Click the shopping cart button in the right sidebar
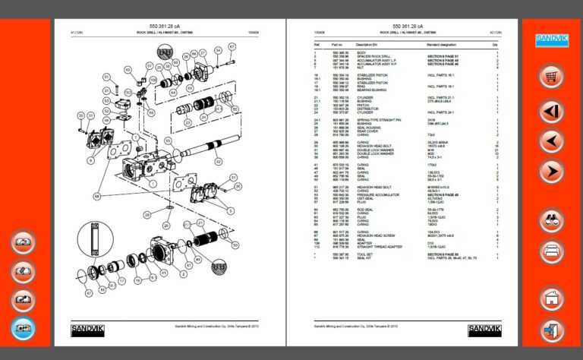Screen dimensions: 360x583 [550, 76]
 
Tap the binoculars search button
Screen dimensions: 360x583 [550, 219]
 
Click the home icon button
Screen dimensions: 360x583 [550, 298]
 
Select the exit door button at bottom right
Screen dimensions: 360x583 [550, 331]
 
